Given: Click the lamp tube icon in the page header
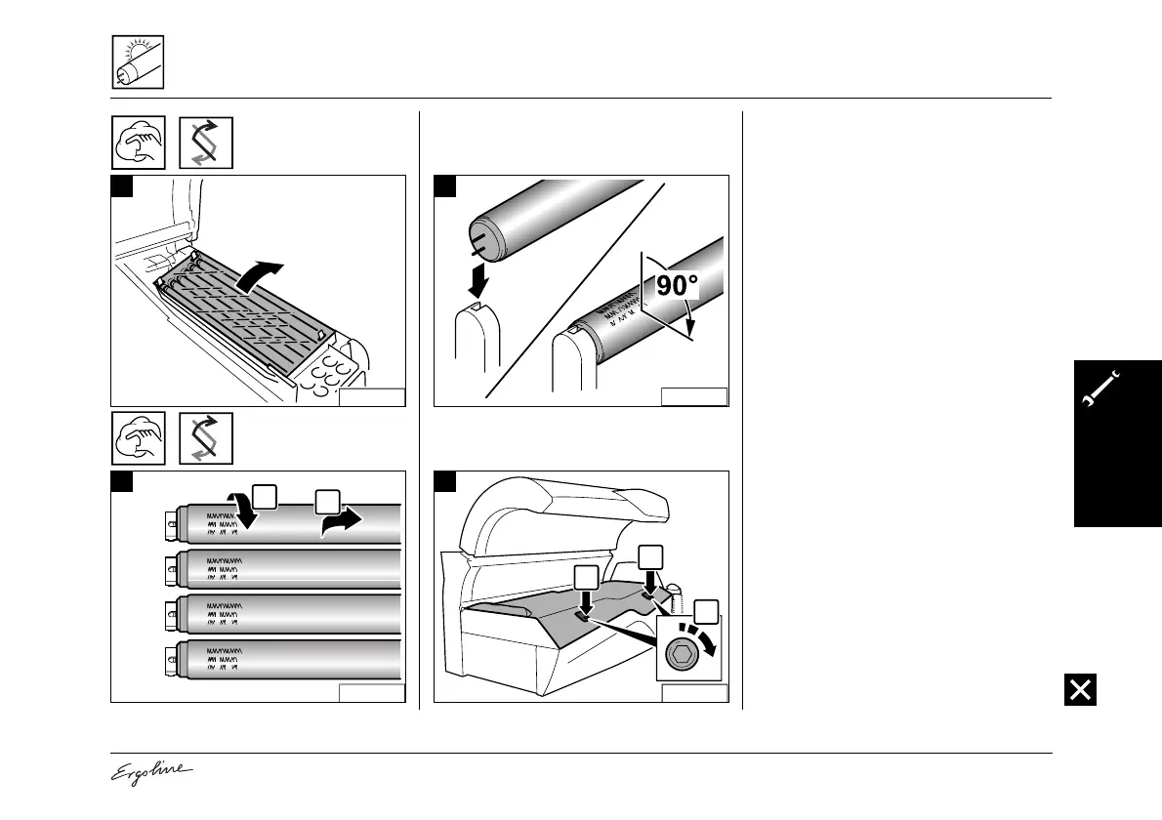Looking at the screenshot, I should pos(137,61).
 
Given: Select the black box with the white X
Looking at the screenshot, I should pos(1081,689).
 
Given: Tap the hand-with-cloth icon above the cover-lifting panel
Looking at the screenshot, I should pos(137,143).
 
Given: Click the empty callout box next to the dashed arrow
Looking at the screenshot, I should pos(708,612).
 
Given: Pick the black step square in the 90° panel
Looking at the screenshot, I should pos(445,186).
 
